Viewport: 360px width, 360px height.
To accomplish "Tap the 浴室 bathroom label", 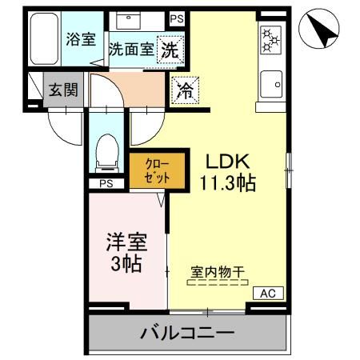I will (79, 37).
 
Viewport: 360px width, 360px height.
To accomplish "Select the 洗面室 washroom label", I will (131, 48).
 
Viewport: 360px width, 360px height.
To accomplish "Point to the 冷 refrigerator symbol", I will (183, 90).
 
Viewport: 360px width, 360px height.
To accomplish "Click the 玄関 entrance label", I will (62, 90).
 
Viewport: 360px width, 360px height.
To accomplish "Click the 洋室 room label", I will (126, 242).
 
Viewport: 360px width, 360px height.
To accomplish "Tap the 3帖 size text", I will (126, 263).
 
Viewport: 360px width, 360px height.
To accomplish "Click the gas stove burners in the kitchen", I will (270, 39).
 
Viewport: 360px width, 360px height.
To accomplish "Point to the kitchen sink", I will (271, 82).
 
